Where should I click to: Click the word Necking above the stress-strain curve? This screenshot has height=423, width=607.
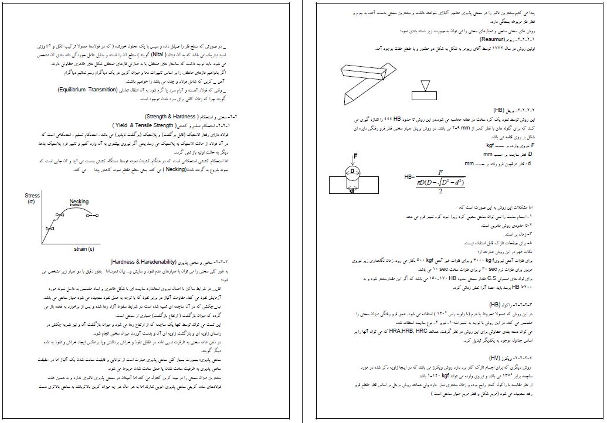[x=79, y=202]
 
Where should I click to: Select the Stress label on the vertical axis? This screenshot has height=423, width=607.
[x=32, y=196]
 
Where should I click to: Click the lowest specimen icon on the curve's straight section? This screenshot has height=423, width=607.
[x=49, y=227]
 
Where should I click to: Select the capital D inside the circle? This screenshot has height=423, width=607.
[x=352, y=170]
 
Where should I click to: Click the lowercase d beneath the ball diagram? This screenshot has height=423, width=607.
[x=350, y=190]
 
